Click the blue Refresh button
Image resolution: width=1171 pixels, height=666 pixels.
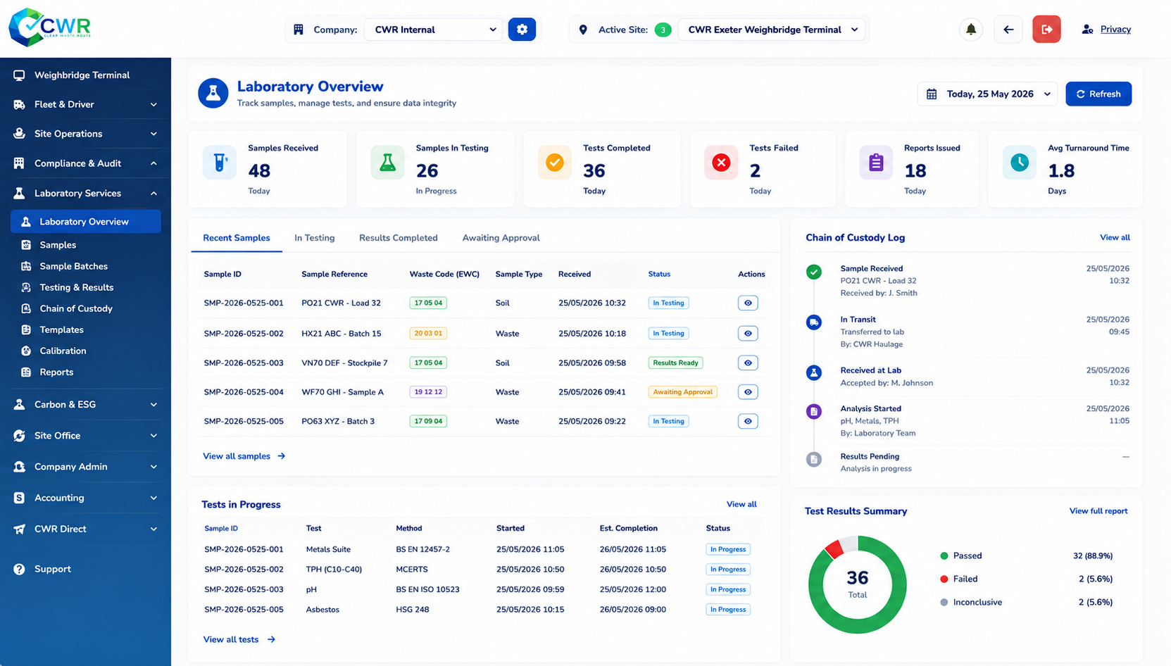(x=1098, y=94)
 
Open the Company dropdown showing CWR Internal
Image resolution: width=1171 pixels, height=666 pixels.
(x=433, y=30)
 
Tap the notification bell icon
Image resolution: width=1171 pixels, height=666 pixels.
(x=971, y=30)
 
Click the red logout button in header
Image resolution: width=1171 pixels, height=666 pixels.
(x=1046, y=30)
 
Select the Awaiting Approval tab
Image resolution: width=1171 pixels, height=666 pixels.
(x=501, y=238)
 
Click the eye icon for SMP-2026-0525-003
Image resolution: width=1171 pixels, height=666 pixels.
(x=748, y=363)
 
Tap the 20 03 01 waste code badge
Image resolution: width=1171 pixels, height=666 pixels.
(x=428, y=333)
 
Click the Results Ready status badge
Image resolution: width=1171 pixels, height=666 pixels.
(x=675, y=363)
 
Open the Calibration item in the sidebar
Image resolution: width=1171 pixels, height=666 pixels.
(x=63, y=351)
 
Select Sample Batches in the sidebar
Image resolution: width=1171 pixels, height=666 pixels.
(x=74, y=266)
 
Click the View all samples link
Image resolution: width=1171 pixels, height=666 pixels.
(x=244, y=456)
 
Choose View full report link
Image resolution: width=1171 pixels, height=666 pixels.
(x=1098, y=510)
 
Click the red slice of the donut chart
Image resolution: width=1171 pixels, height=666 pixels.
(x=834, y=549)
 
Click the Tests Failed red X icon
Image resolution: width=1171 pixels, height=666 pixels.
(x=721, y=163)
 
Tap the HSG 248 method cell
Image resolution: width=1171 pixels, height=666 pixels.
(x=413, y=610)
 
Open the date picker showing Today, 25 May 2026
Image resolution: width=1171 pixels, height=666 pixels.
(x=987, y=94)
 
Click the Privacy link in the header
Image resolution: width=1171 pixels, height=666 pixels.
(x=1115, y=30)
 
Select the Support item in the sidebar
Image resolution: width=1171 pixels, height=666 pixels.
(x=52, y=569)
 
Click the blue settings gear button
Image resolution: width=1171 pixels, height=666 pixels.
(x=522, y=30)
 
